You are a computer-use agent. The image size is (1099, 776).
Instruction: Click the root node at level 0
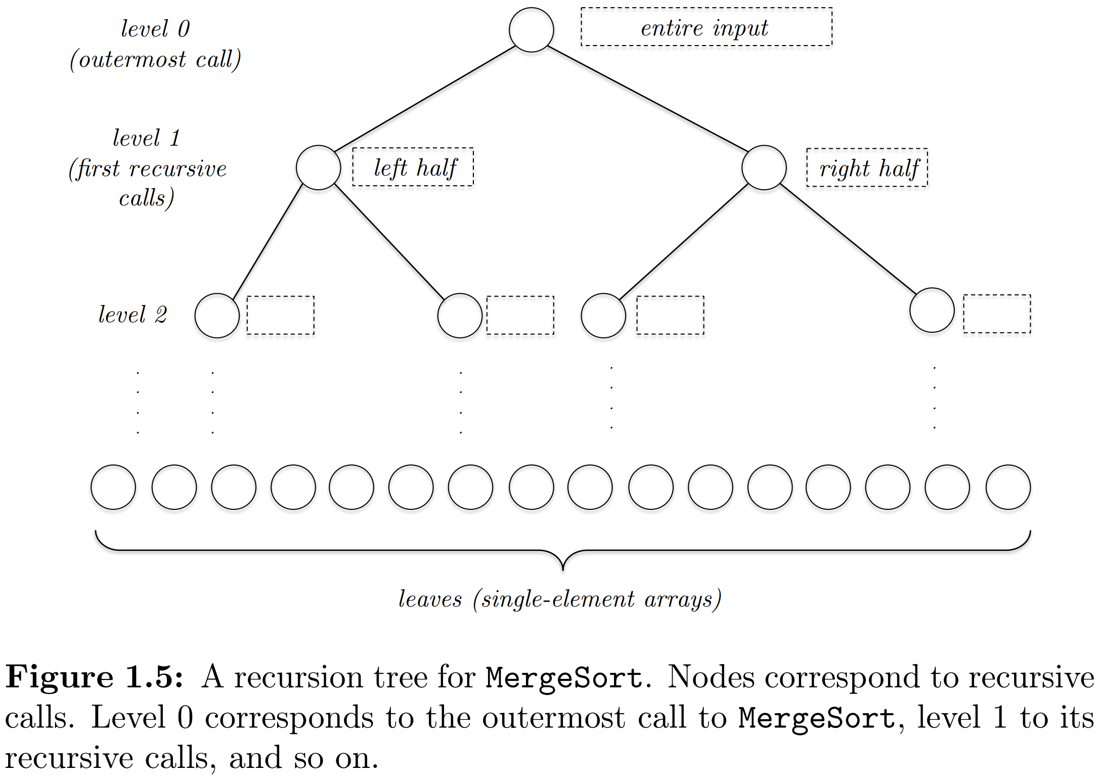point(531,30)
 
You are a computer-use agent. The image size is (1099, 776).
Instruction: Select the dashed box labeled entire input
point(706,27)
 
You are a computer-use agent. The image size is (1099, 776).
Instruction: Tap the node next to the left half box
point(318,167)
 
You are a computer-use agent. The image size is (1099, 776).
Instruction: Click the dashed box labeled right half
point(867,167)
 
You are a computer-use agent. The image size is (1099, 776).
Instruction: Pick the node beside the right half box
point(764,167)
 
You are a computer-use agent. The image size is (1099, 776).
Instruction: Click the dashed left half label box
point(413,167)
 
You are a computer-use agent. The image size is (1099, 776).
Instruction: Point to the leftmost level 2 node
point(217,315)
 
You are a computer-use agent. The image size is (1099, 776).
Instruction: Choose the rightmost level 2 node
point(932,310)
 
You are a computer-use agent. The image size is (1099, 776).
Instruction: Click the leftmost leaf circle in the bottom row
point(113,487)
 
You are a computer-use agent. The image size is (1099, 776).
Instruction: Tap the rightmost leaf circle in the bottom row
point(1008,487)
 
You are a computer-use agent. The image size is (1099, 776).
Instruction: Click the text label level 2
point(133,315)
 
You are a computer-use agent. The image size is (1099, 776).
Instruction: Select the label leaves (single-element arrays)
point(560,599)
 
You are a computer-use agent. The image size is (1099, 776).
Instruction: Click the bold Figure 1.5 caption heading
point(94,677)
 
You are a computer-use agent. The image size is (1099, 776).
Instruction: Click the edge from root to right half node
point(647,99)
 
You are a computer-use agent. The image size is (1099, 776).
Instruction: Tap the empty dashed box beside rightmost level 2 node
point(997,314)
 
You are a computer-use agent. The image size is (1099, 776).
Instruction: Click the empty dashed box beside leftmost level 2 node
point(280,315)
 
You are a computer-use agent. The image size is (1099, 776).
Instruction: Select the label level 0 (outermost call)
point(155,44)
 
